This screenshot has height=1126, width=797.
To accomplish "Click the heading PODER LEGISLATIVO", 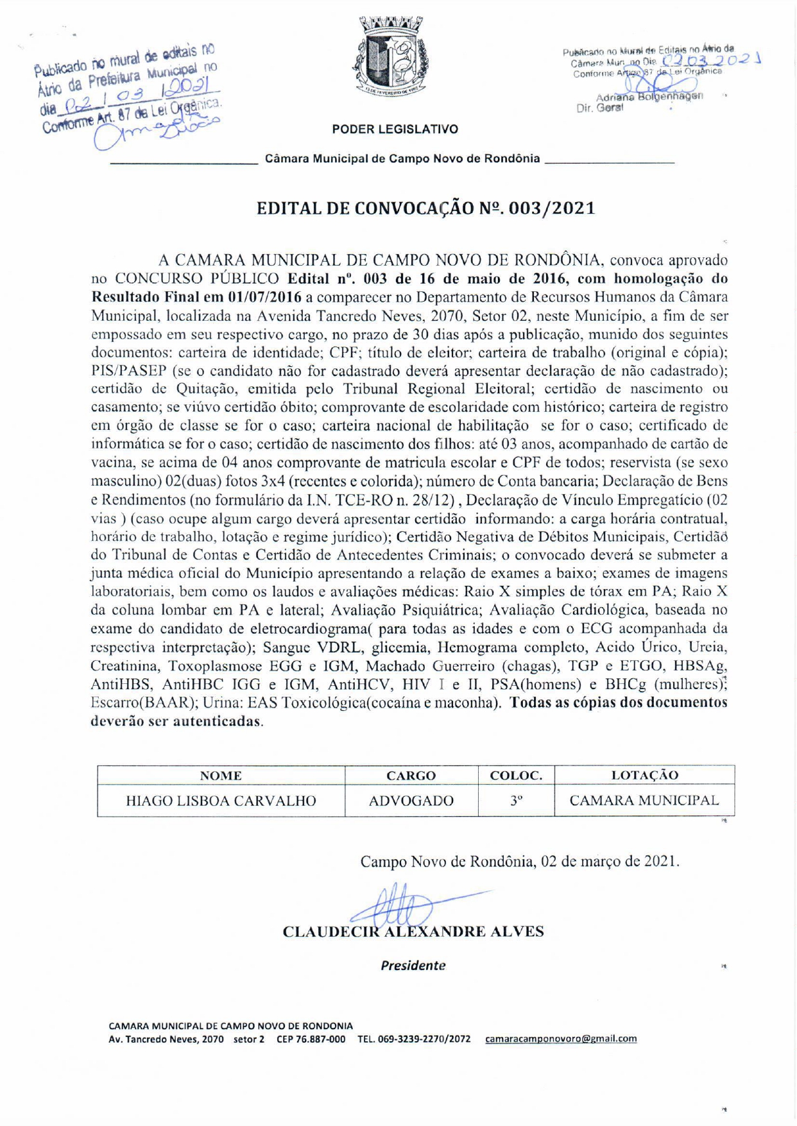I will click(395, 130).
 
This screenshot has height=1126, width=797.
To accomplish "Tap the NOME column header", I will click(221, 776).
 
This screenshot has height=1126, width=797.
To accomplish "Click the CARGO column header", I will click(411, 776).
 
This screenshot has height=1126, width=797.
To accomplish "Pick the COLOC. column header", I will click(516, 775).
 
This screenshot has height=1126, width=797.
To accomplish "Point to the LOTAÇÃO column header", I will click(644, 775).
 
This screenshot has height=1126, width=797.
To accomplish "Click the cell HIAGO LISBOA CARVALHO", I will click(221, 801).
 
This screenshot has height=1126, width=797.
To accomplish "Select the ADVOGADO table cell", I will click(411, 801).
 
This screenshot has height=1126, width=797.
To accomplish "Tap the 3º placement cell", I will click(516, 801).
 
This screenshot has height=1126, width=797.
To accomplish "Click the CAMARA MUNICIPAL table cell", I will click(644, 800).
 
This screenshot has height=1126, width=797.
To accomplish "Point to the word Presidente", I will click(413, 966).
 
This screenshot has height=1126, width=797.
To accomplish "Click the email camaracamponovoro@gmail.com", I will click(561, 1039).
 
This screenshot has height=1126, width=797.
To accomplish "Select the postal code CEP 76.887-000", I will click(311, 1039).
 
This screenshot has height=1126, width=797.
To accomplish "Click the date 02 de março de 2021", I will click(610, 861).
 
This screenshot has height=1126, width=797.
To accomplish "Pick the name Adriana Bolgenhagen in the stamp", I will click(649, 97).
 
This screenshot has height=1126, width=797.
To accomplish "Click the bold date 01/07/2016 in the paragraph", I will click(264, 297).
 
